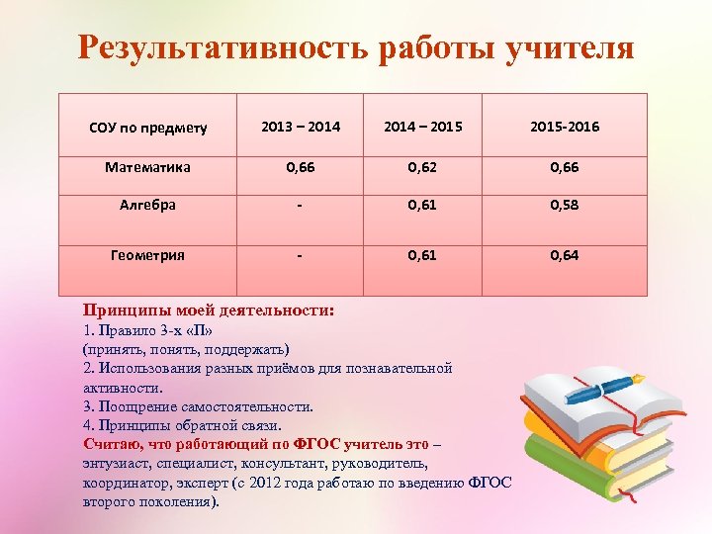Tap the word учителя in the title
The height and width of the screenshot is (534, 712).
571,47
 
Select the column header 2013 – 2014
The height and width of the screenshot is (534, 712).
301,128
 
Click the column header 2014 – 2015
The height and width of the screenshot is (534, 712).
422,128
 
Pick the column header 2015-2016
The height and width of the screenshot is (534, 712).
565,128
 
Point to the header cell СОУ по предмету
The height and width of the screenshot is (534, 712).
147,129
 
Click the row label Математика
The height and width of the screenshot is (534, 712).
147,168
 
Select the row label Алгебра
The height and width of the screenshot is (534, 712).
147,205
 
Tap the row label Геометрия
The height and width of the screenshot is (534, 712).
147,255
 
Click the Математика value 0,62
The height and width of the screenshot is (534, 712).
422,168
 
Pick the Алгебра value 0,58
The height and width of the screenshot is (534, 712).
565,205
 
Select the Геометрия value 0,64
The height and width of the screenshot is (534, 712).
565,255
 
